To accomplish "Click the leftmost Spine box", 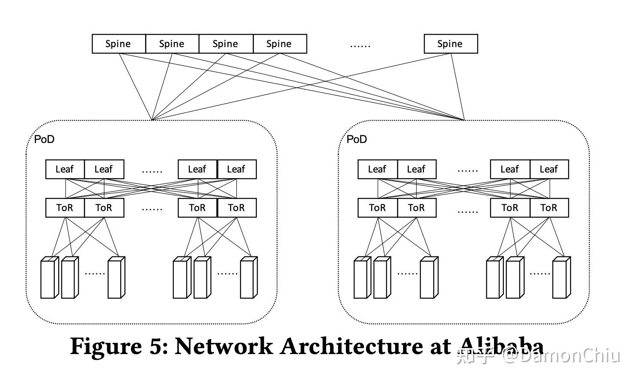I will tap(119, 44).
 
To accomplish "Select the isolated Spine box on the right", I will tap(450, 44).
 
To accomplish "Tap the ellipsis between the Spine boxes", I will tap(360, 45).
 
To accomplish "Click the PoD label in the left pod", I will tap(44, 139).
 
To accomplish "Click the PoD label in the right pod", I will tap(357, 139).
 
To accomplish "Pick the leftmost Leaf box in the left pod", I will tap(65, 170).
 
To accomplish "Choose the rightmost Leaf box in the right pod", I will tap(549, 170).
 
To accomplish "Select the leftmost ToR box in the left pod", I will tap(65, 208).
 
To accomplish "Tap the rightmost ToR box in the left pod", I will tap(237, 208).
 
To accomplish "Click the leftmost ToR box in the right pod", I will tap(377, 208).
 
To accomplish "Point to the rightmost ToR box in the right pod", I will tap(549, 208).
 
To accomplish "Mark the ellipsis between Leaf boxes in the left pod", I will tap(152, 171).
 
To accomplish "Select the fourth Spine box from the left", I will tap(280, 44).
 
